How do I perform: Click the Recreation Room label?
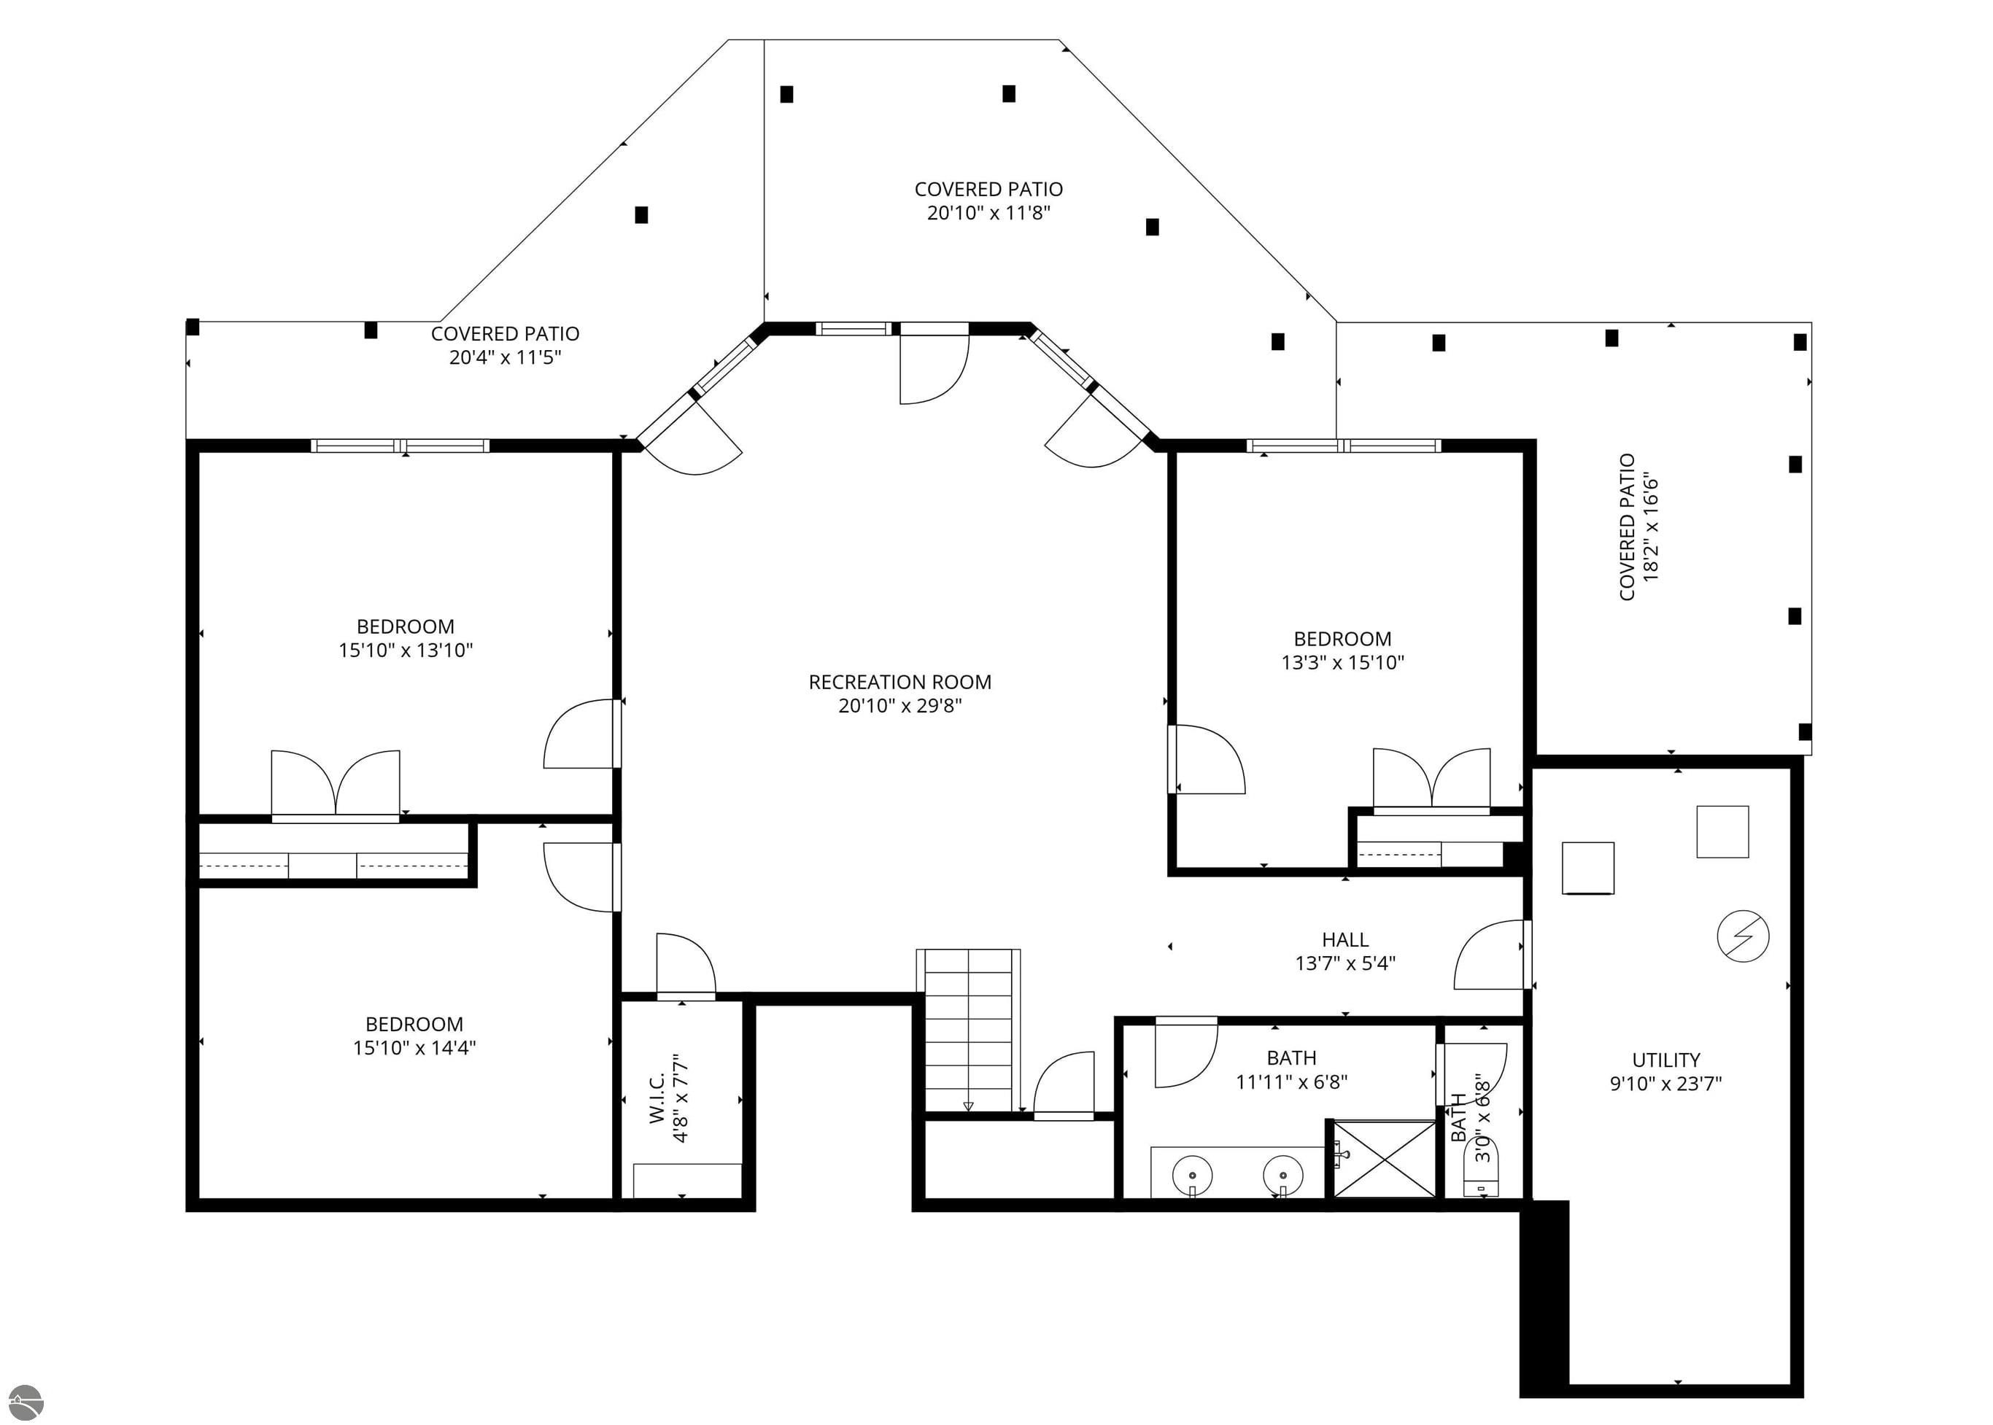(x=899, y=682)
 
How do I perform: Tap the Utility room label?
(x=1665, y=1059)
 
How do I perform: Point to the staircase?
(x=968, y=1030)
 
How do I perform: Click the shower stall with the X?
(x=1384, y=1158)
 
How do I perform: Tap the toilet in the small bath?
(x=1482, y=1169)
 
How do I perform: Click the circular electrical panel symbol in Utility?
(x=1743, y=936)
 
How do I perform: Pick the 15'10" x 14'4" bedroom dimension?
(x=414, y=1047)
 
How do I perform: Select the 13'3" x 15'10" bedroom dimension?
(x=1343, y=662)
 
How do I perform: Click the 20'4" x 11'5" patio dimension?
(x=505, y=357)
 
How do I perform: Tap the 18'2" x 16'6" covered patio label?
(x=1638, y=527)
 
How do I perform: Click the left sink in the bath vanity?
(x=1192, y=1173)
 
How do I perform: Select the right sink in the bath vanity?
(x=1283, y=1173)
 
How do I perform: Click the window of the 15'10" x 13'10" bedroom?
(x=400, y=446)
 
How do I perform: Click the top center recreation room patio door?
(x=934, y=363)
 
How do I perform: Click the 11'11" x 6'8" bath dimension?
(x=1291, y=1082)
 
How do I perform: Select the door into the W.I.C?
(x=686, y=966)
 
